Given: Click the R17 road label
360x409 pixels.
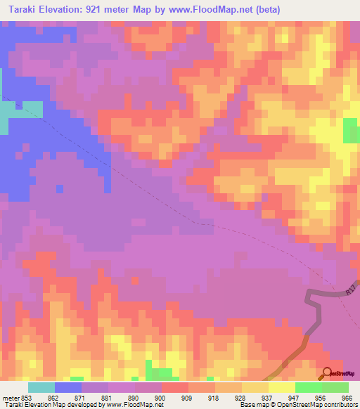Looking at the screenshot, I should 352,289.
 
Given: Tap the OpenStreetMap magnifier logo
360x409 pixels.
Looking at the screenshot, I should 327,373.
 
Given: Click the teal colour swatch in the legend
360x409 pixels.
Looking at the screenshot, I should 41,387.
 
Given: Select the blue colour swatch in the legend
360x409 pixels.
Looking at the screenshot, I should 68,387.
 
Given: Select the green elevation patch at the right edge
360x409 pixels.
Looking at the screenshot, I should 350,131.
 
